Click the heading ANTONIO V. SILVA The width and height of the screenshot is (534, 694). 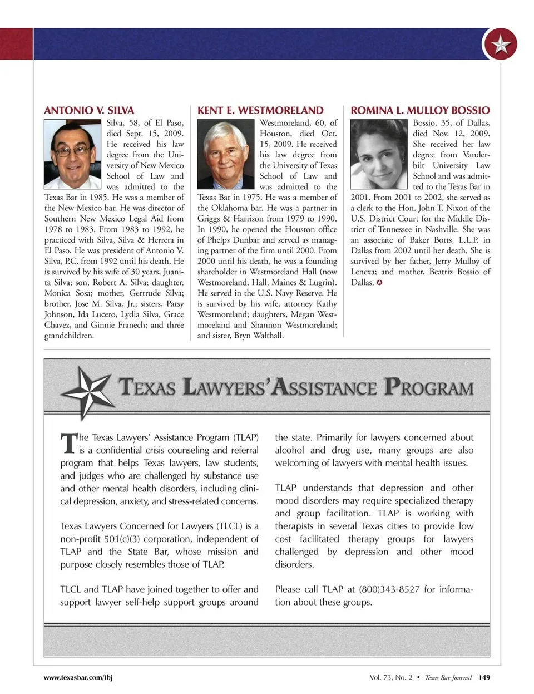[89, 110]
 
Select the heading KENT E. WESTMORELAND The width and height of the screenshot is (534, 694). [260, 110]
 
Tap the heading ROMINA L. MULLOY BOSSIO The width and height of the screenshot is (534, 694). [420, 110]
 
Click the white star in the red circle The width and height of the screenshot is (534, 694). [501, 45]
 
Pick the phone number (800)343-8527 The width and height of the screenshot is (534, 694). [389, 589]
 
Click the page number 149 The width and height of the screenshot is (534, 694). [484, 677]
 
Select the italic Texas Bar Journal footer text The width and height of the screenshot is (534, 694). [448, 677]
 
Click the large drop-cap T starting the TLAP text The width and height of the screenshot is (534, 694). [68, 444]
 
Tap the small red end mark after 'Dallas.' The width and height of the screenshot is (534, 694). [379, 283]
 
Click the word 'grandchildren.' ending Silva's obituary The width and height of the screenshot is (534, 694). [70, 336]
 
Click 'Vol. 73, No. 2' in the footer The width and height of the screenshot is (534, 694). [391, 677]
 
